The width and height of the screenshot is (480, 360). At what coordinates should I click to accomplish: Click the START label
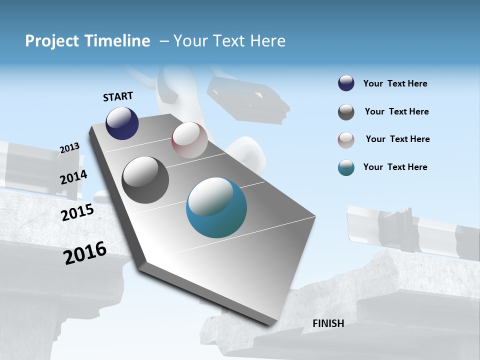click(118, 96)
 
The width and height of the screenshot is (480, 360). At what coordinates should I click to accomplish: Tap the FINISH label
click(328, 323)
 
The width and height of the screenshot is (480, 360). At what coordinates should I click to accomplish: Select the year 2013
click(69, 147)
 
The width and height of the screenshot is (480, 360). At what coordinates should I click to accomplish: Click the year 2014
click(73, 177)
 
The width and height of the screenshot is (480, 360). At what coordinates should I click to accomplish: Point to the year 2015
click(77, 212)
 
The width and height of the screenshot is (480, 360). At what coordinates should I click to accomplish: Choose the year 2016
click(85, 253)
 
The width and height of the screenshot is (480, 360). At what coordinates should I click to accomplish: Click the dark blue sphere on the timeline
click(122, 123)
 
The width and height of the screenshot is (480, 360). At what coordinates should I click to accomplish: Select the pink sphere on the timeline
click(189, 139)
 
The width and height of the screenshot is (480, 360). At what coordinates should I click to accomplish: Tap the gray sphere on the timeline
click(145, 180)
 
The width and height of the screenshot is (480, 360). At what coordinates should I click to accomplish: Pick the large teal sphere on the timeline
click(216, 207)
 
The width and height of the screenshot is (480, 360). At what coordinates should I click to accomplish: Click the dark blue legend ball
click(346, 83)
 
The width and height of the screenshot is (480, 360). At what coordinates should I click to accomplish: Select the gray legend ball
click(346, 112)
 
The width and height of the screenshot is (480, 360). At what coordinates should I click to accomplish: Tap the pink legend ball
click(346, 139)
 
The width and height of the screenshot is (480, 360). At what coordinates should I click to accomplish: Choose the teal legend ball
click(346, 167)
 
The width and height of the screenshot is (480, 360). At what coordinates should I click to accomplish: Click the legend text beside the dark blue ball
click(395, 83)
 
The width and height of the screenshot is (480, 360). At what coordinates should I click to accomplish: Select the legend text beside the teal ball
click(395, 167)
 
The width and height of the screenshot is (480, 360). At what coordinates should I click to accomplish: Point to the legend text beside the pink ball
click(397, 139)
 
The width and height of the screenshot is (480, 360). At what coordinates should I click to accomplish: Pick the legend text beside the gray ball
click(396, 111)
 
